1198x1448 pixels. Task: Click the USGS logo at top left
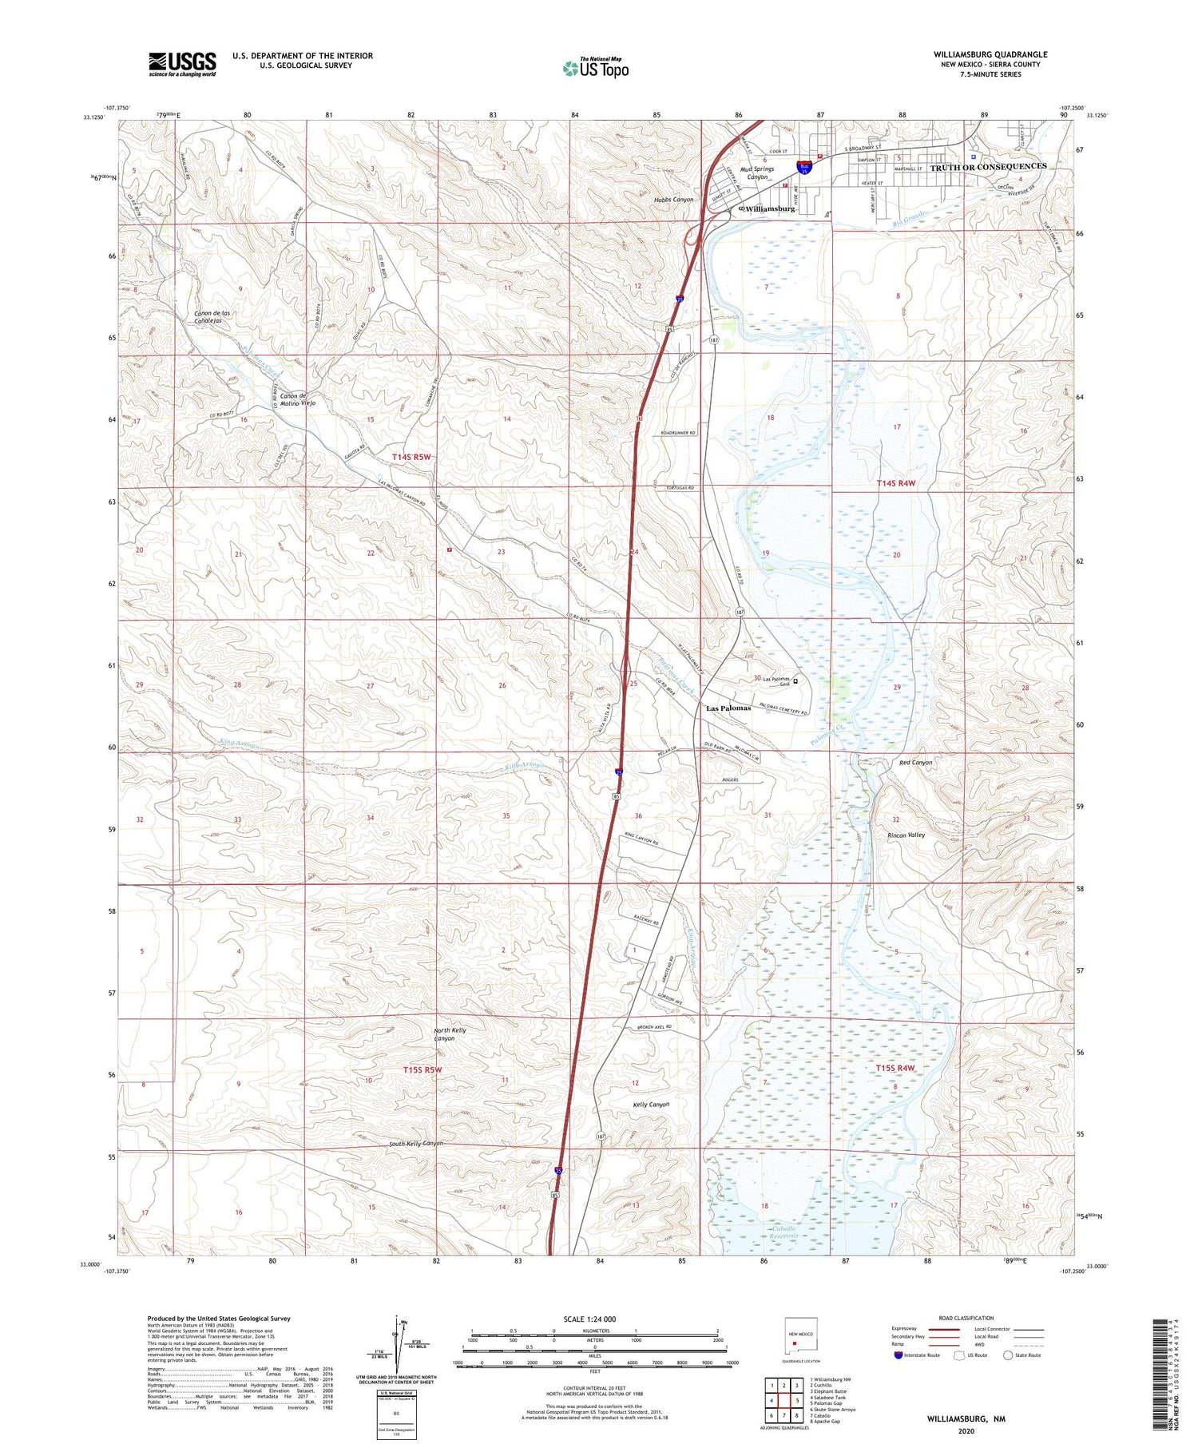coord(182,64)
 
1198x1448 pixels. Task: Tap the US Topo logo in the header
coord(595,68)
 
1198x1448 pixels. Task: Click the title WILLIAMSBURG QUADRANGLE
coord(990,54)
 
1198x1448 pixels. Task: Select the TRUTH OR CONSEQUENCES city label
coord(988,166)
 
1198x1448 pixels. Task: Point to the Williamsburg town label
coord(769,208)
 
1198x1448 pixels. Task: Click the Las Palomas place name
coord(728,708)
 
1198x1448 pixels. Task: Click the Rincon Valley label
coord(906,835)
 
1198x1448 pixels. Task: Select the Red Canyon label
coord(915,763)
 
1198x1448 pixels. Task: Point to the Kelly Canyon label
coord(650,1105)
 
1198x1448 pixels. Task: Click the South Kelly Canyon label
coord(415,1144)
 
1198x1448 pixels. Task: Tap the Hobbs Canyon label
coord(674,199)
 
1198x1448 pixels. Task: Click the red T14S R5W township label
coord(411,457)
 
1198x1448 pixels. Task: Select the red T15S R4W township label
coord(895,1068)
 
